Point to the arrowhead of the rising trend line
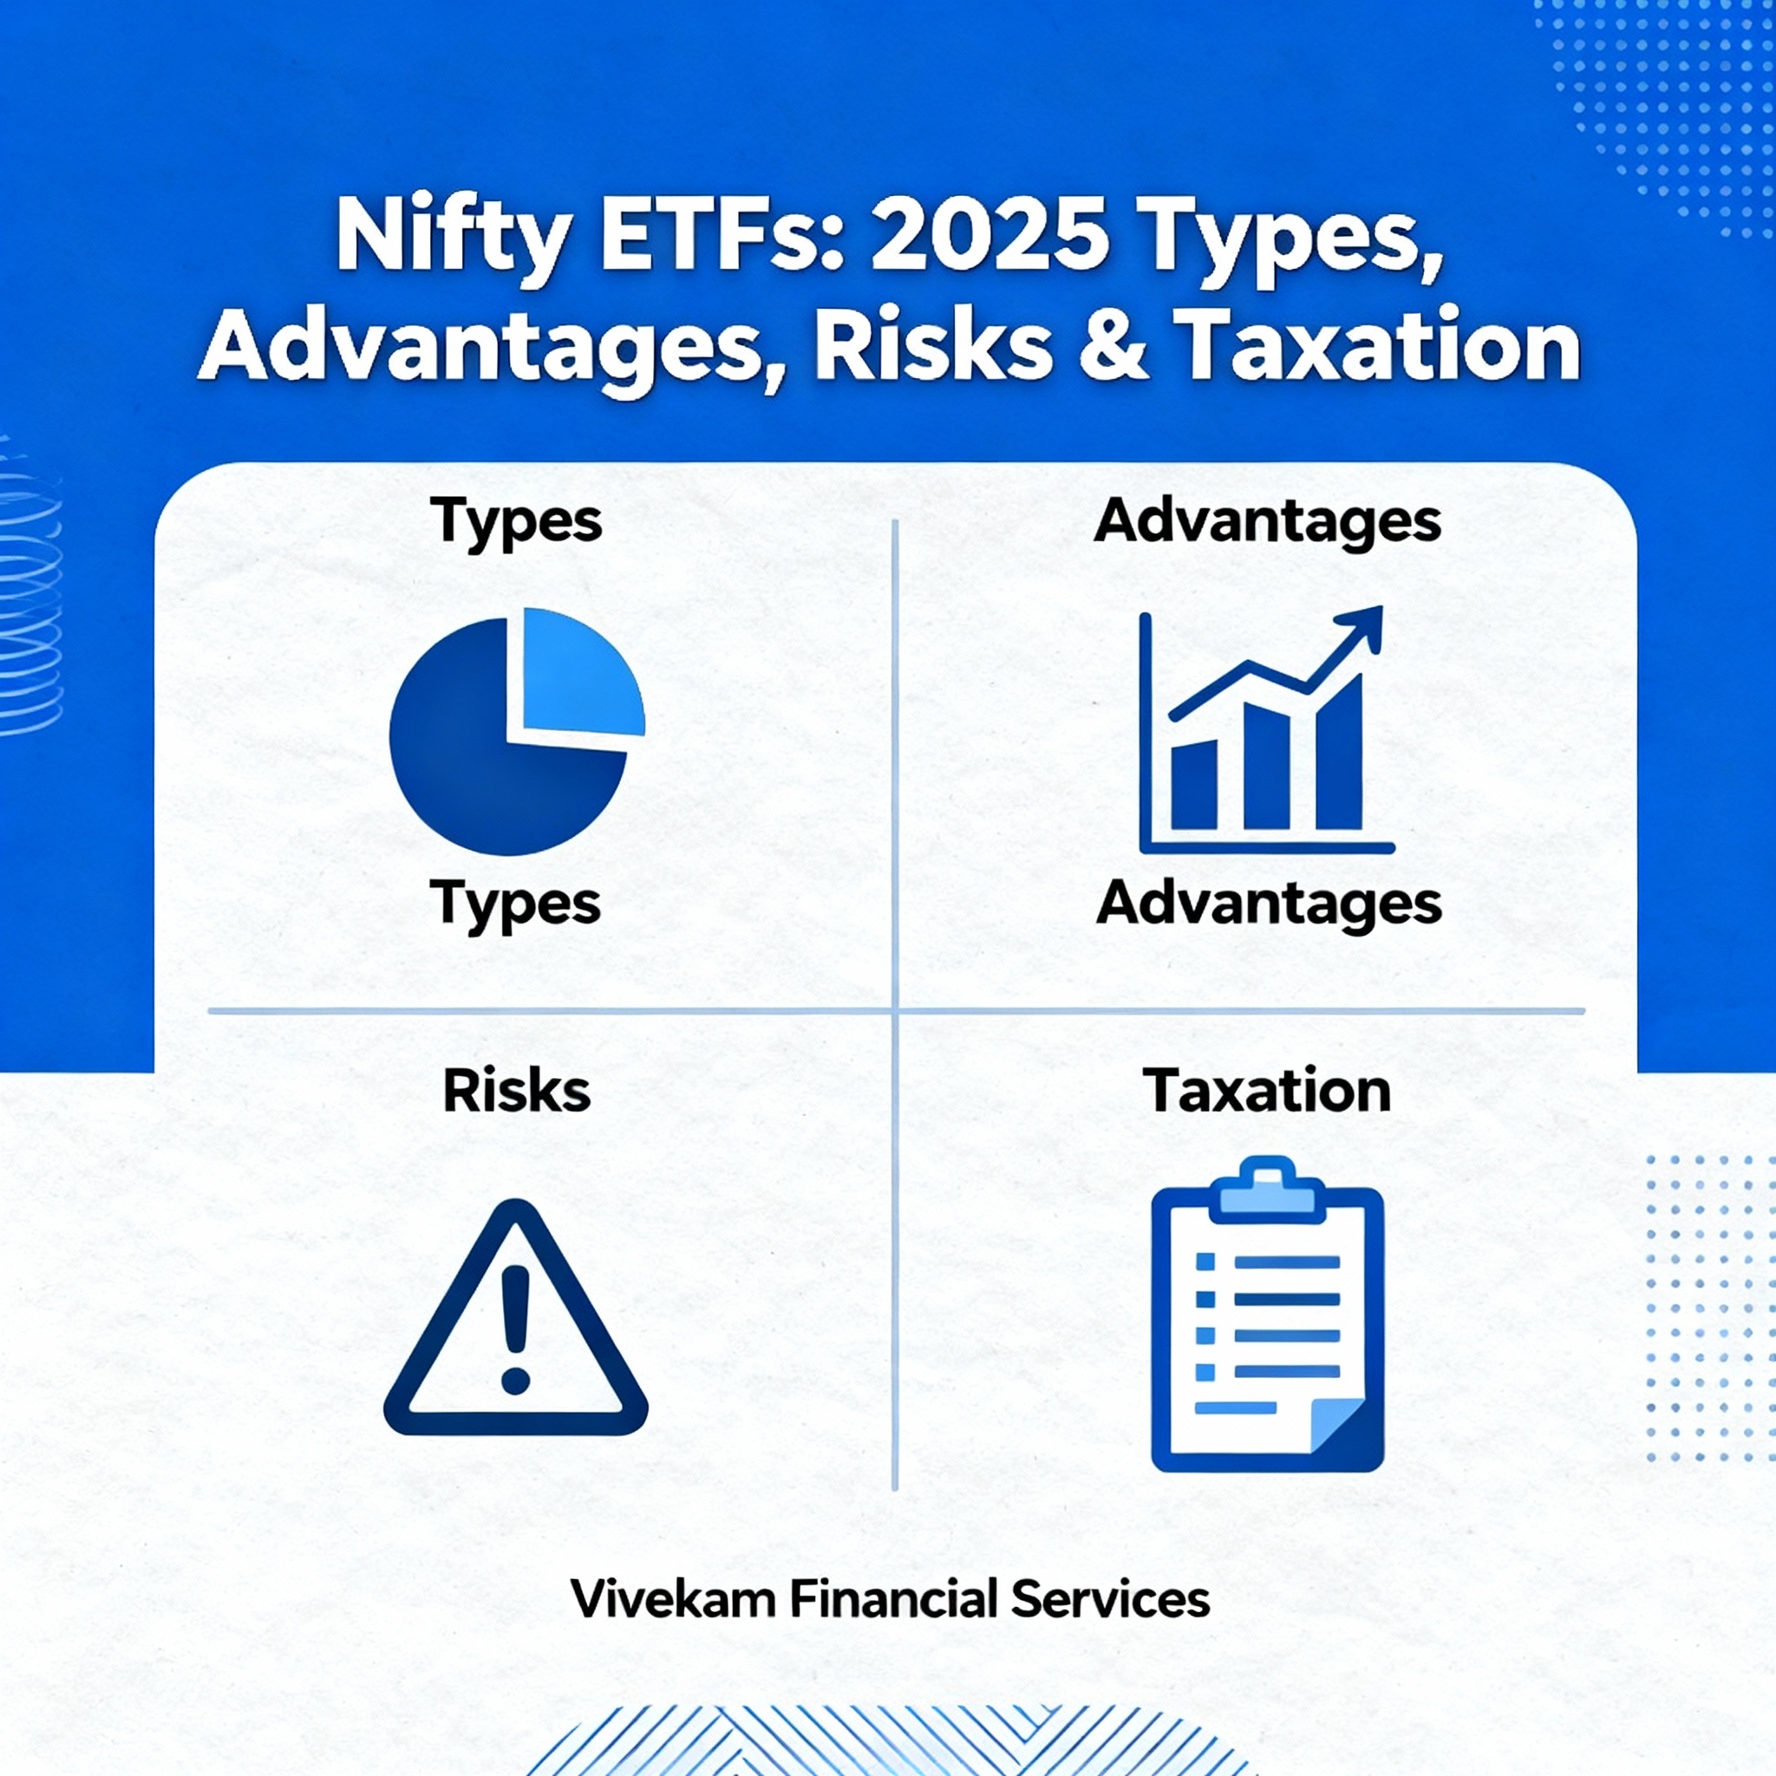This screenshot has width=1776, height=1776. [1361, 627]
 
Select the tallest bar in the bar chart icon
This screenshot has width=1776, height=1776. [1338, 753]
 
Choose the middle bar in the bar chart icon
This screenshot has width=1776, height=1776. [1267, 767]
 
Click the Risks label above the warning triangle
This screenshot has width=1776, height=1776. [516, 1091]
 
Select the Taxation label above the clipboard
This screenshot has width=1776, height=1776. [1267, 1091]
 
